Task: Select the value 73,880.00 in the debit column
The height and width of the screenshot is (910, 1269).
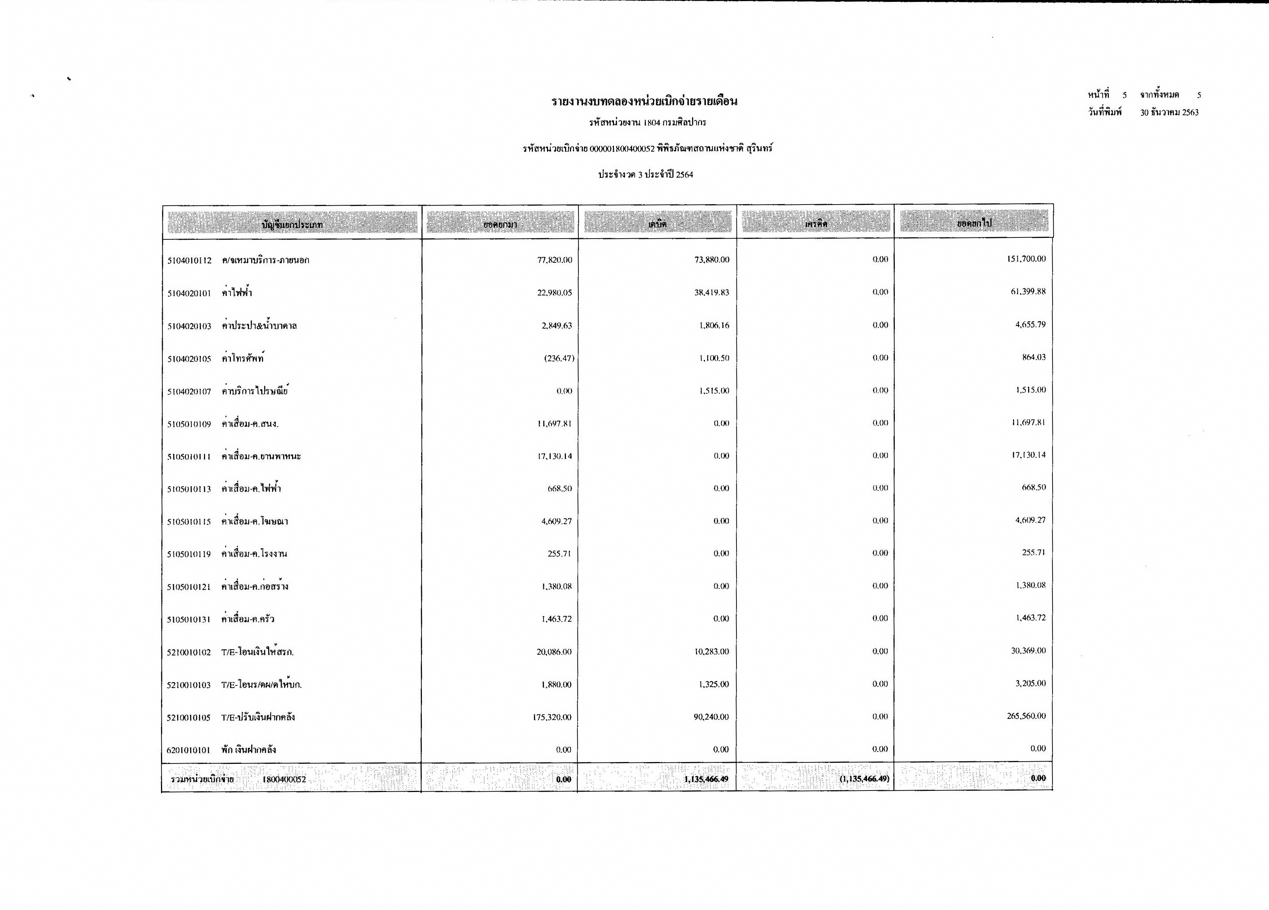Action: (x=712, y=260)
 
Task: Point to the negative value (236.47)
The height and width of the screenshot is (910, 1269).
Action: (x=559, y=358)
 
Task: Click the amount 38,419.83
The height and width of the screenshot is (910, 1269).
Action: (x=712, y=293)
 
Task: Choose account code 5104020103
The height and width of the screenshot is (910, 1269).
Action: (x=189, y=326)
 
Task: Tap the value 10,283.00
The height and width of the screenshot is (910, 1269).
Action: (x=712, y=651)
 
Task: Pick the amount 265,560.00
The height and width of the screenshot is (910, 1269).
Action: (x=1026, y=716)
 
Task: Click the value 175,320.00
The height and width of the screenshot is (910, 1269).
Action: (x=552, y=717)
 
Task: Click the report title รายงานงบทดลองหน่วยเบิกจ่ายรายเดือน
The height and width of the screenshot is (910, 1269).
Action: (x=644, y=101)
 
